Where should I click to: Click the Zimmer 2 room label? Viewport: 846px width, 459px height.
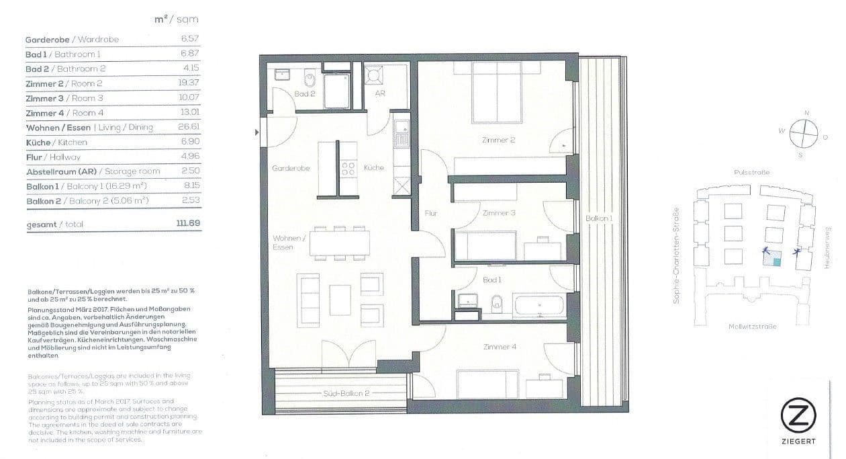pyautogui.click(x=498, y=140)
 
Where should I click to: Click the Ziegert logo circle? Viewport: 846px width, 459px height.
pyautogui.click(x=798, y=417)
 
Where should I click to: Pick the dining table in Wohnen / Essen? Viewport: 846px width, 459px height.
pyautogui.click(x=339, y=243)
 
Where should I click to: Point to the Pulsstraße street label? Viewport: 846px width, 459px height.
pyautogui.click(x=751, y=173)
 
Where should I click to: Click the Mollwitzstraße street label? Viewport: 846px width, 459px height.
pyautogui.click(x=752, y=327)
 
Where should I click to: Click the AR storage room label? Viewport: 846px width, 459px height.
pyautogui.click(x=380, y=94)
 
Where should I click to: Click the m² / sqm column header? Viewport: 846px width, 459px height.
pyautogui.click(x=176, y=19)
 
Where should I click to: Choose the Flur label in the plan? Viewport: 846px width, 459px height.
pyautogui.click(x=431, y=214)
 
